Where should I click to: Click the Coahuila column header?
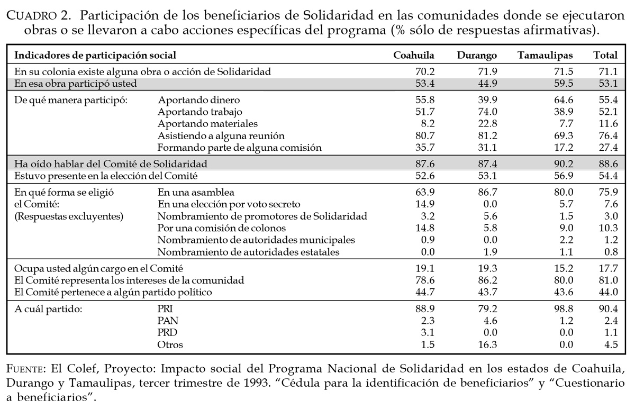click(x=414, y=55)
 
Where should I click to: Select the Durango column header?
click(x=477, y=55)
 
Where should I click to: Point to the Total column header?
click(x=606, y=55)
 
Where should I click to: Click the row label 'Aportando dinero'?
click(x=198, y=100)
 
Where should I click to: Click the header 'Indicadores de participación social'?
click(x=95, y=55)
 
